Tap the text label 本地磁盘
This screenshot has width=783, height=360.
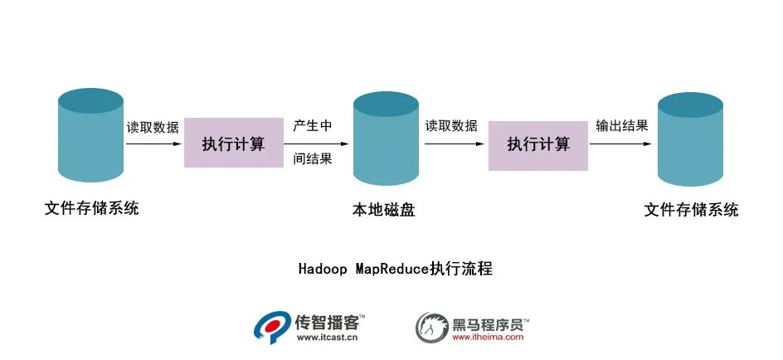(x=383, y=210)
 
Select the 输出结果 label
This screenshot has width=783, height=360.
(x=621, y=126)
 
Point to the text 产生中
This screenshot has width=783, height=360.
(x=313, y=126)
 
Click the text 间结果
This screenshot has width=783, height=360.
(x=313, y=159)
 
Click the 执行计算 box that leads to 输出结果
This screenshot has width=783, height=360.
(x=538, y=144)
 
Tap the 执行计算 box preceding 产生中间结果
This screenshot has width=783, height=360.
(x=234, y=144)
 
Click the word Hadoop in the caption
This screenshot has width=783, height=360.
(x=322, y=269)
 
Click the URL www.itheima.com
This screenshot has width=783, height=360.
(x=488, y=338)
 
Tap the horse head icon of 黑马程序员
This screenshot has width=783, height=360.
(x=431, y=327)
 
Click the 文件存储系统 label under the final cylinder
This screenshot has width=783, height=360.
(x=691, y=210)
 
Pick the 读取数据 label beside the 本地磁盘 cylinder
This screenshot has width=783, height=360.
(x=451, y=126)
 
